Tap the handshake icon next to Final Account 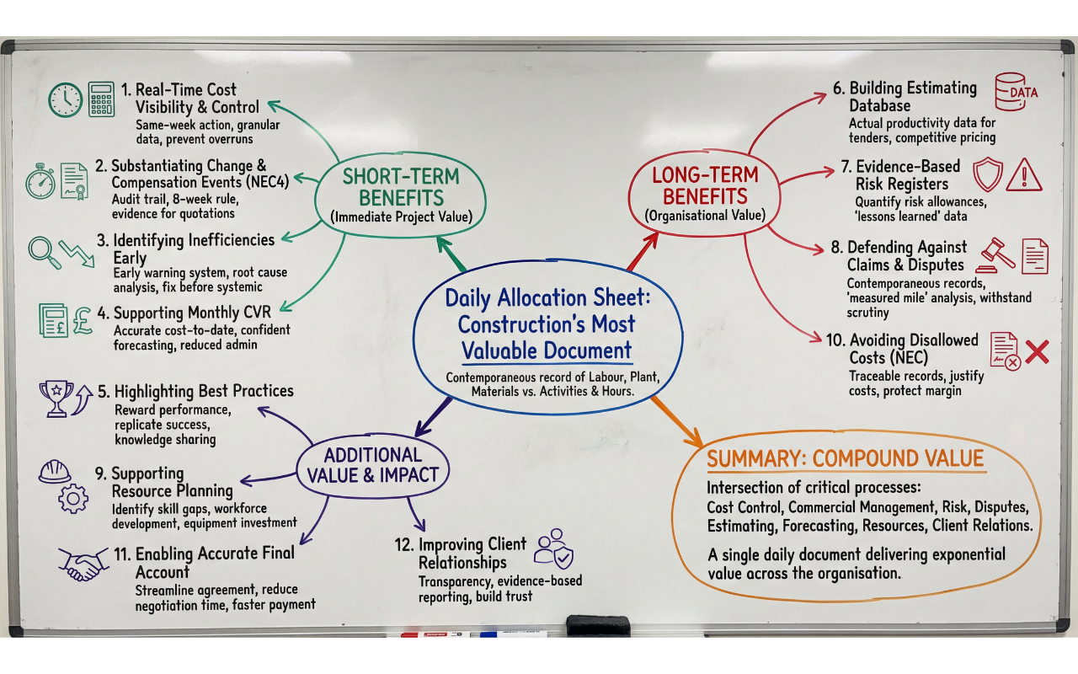[x=83, y=563]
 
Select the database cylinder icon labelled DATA [x=1016, y=91]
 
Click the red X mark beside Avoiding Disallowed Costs [x=1037, y=350]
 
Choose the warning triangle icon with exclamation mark [x=1024, y=175]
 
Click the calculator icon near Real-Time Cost [x=102, y=99]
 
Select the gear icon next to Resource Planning [x=73, y=499]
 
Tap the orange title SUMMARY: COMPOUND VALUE [x=845, y=459]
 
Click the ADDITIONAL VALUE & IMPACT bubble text [x=373, y=464]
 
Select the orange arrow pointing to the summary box [x=677, y=421]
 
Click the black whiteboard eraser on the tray [x=597, y=625]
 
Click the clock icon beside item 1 [x=65, y=99]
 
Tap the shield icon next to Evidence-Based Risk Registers [x=987, y=174]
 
